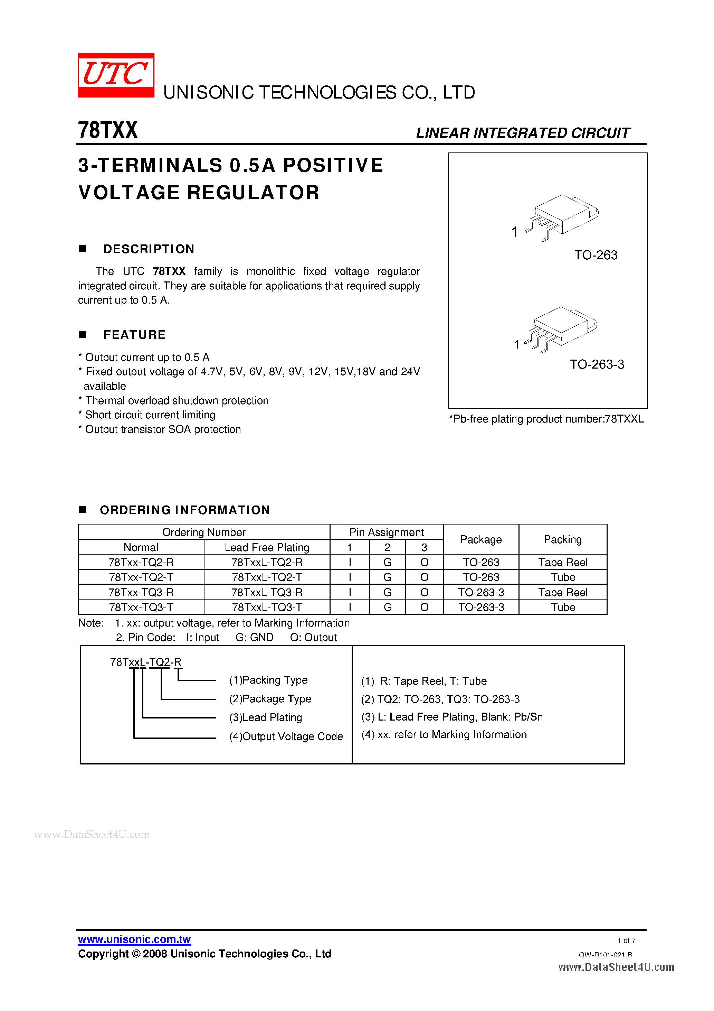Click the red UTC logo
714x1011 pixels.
116,75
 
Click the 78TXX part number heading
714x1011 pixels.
108,130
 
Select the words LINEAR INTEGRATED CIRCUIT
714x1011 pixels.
523,133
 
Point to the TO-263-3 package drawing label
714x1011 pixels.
597,364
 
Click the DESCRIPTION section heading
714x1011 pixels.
149,249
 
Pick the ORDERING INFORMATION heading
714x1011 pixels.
185,510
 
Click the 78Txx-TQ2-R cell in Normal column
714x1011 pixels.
141,562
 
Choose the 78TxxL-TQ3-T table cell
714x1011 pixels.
267,607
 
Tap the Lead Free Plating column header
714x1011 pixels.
267,547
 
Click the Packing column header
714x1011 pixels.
562,539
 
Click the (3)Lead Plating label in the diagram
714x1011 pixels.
265,717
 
